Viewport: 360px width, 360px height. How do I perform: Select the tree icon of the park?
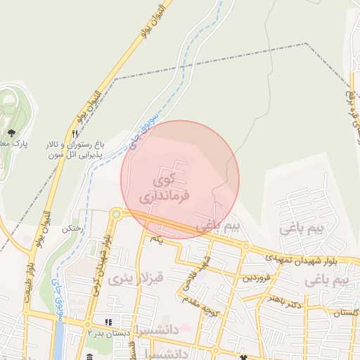click(11, 131)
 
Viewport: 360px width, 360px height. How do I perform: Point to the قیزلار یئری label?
click(136, 279)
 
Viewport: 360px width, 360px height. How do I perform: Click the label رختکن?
click(72, 229)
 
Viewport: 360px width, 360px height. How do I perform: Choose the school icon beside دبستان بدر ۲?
click(108, 323)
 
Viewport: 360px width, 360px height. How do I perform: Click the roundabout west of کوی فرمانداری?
click(116, 214)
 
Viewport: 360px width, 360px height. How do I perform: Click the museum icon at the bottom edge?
click(89, 356)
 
